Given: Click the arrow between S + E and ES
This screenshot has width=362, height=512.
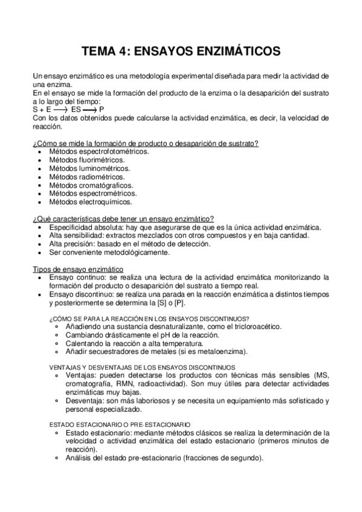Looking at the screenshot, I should [60, 110].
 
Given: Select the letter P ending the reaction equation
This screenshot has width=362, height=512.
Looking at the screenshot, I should [102, 110].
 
